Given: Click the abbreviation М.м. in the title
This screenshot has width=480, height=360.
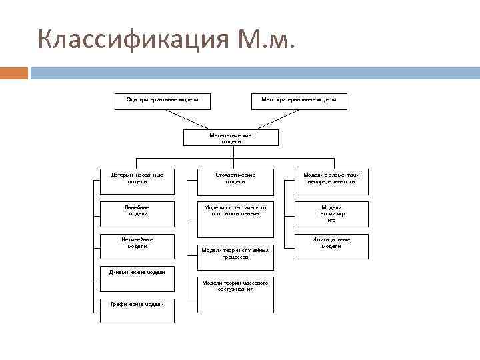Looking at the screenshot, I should tap(264, 41).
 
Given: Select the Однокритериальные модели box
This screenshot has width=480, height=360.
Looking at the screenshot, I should tap(162, 100).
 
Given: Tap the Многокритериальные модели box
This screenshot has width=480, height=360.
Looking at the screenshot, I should tap(299, 100).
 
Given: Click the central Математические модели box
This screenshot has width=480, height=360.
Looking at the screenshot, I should tap(231, 138).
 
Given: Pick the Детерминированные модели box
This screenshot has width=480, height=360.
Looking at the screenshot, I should tap(137, 178).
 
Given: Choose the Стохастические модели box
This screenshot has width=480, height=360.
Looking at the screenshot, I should tap(235, 178).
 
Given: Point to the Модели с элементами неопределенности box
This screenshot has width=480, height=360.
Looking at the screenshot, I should tap(331, 178).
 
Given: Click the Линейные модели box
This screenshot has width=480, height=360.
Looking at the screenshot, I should tap(137, 211).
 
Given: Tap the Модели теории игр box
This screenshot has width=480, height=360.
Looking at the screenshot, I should tap(331, 214).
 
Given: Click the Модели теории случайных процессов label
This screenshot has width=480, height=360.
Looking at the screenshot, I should tap(235, 253).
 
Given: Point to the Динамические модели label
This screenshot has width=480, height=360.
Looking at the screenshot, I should tap(137, 271).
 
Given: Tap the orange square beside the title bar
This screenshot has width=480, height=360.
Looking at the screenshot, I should tap(14, 73).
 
